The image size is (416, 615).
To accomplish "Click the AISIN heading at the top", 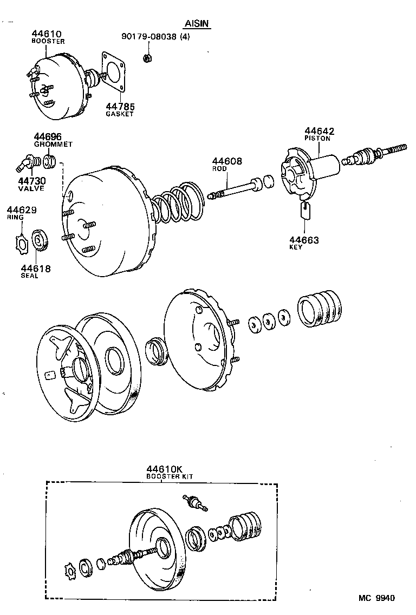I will coord(196,24).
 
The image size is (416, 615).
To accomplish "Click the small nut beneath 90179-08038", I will coord(147,57).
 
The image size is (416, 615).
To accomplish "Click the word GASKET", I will coord(120,114).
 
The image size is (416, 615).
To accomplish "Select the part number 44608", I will coord(227,161).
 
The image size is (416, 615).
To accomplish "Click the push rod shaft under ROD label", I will coord(233,190).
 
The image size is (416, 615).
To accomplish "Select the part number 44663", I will coord(304,240).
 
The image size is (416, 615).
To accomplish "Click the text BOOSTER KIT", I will coord(170,476).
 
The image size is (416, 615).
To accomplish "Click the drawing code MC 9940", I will coord(376,598).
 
